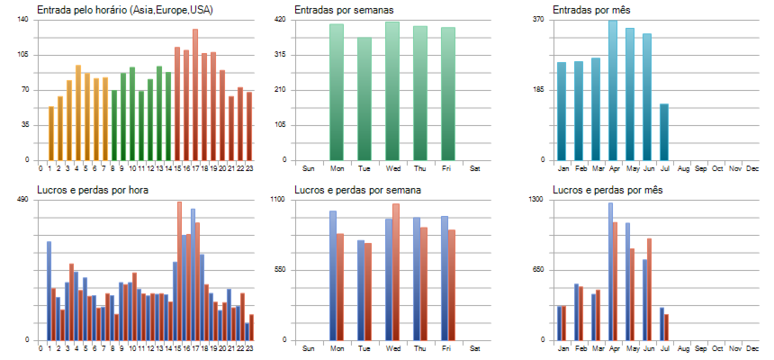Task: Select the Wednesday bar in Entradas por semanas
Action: pos(391,90)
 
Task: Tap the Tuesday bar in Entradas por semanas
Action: pos(364,99)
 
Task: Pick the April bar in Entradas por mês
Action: pos(613,90)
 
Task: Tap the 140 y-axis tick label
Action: pos(23,20)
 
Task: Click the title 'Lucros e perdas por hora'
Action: pos(93,190)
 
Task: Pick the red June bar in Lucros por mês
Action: pos(649,289)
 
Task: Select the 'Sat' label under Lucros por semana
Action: pos(475,347)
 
